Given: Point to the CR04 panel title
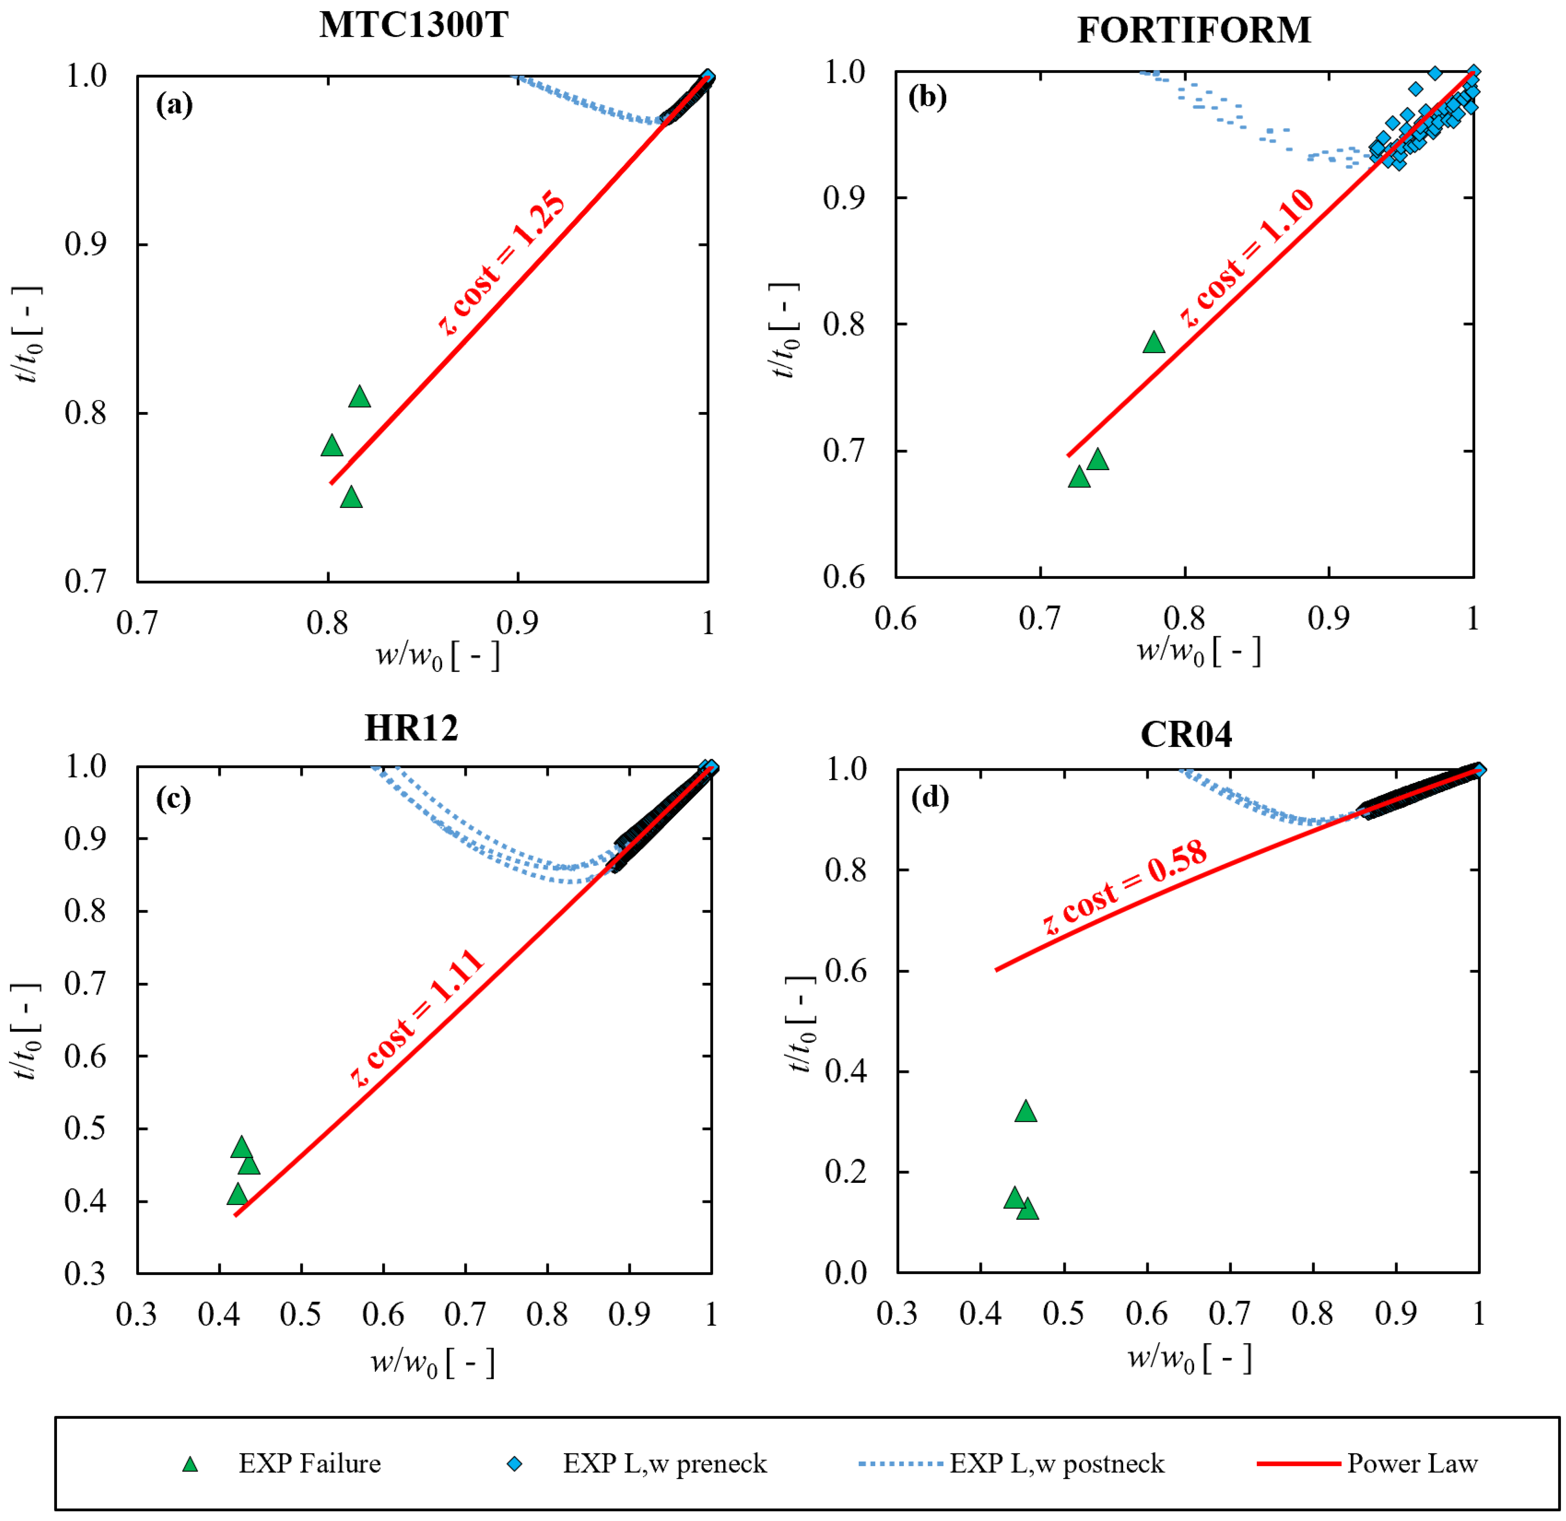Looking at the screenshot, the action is [1186, 734].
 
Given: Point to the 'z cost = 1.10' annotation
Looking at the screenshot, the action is [1247, 257].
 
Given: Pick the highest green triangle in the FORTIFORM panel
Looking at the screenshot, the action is [1154, 342].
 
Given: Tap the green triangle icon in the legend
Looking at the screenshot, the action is [190, 1463].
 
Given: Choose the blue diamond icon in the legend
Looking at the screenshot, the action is [515, 1463].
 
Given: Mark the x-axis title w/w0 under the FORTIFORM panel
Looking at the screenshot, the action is [1198, 651].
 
